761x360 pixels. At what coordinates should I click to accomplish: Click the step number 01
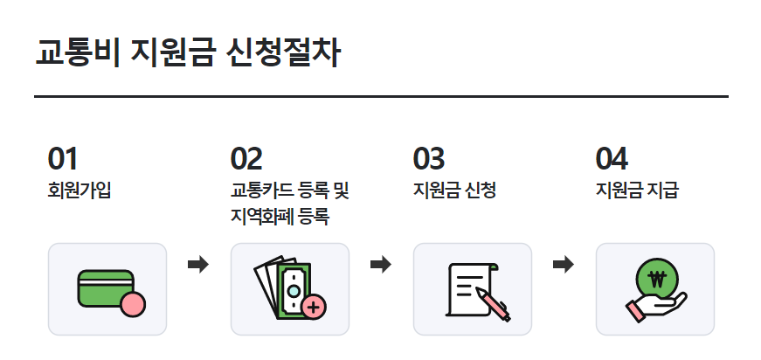[x=63, y=159]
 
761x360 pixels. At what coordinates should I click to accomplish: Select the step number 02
[x=246, y=159]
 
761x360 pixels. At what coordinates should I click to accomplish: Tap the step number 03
[x=429, y=159]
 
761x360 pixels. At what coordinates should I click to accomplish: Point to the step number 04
[x=612, y=159]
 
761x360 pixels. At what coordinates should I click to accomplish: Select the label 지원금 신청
[x=454, y=190]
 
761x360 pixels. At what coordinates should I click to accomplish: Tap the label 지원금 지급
[x=637, y=190]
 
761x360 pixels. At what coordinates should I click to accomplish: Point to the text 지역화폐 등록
[x=280, y=216]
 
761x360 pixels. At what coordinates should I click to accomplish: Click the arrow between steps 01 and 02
[x=199, y=264]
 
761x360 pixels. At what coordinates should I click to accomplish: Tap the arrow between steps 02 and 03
[x=381, y=264]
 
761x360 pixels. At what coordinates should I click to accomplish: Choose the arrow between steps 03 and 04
[x=564, y=264]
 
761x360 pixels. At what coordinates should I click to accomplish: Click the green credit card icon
[x=102, y=287]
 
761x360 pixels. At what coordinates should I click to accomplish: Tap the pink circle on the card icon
[x=133, y=305]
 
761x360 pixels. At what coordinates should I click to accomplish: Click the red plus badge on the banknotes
[x=314, y=307]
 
